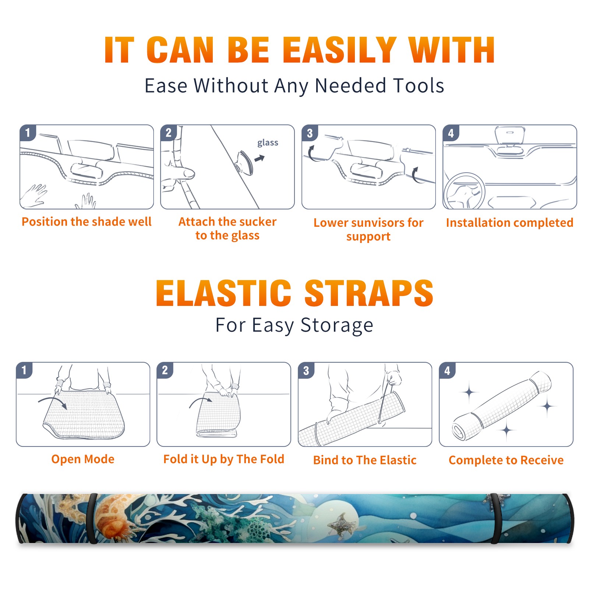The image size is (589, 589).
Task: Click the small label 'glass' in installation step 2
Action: pyautogui.click(x=268, y=143)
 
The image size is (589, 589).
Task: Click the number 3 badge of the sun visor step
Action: pyautogui.click(x=310, y=133)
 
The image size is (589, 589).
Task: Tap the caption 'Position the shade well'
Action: pyautogui.click(x=87, y=222)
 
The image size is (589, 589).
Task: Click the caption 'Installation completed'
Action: pyautogui.click(x=509, y=223)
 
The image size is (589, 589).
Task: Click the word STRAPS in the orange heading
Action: pyautogui.click(x=369, y=293)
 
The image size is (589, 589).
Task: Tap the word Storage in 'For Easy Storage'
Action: pyautogui.click(x=337, y=325)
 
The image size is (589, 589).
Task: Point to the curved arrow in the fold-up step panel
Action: pyautogui.click(x=200, y=402)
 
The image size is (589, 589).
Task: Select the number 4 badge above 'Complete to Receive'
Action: pyautogui.click(x=447, y=370)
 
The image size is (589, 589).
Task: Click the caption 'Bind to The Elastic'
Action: pyautogui.click(x=365, y=460)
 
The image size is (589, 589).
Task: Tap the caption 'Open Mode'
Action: pyautogui.click(x=83, y=459)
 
